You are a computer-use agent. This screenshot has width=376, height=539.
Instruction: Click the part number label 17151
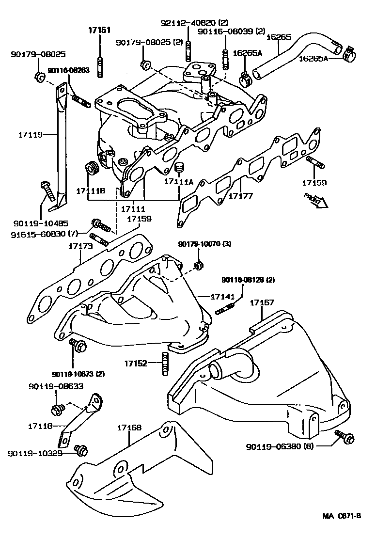pos(99,30)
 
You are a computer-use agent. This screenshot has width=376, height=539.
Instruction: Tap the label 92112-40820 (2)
pos(194,23)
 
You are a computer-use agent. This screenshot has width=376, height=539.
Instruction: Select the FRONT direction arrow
pos(315,199)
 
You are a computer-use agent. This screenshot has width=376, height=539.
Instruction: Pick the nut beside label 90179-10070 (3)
pos(198,265)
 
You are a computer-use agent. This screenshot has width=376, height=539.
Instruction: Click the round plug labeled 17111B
pos(91,168)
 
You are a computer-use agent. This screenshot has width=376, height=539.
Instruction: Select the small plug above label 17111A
pos(180,168)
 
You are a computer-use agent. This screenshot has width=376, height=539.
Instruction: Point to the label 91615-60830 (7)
pos(44,234)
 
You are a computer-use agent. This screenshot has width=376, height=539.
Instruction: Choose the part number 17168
pos(129,428)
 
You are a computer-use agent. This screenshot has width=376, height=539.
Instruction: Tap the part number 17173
pos(80,247)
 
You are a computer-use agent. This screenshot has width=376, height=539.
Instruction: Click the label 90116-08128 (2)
pos(248,280)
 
